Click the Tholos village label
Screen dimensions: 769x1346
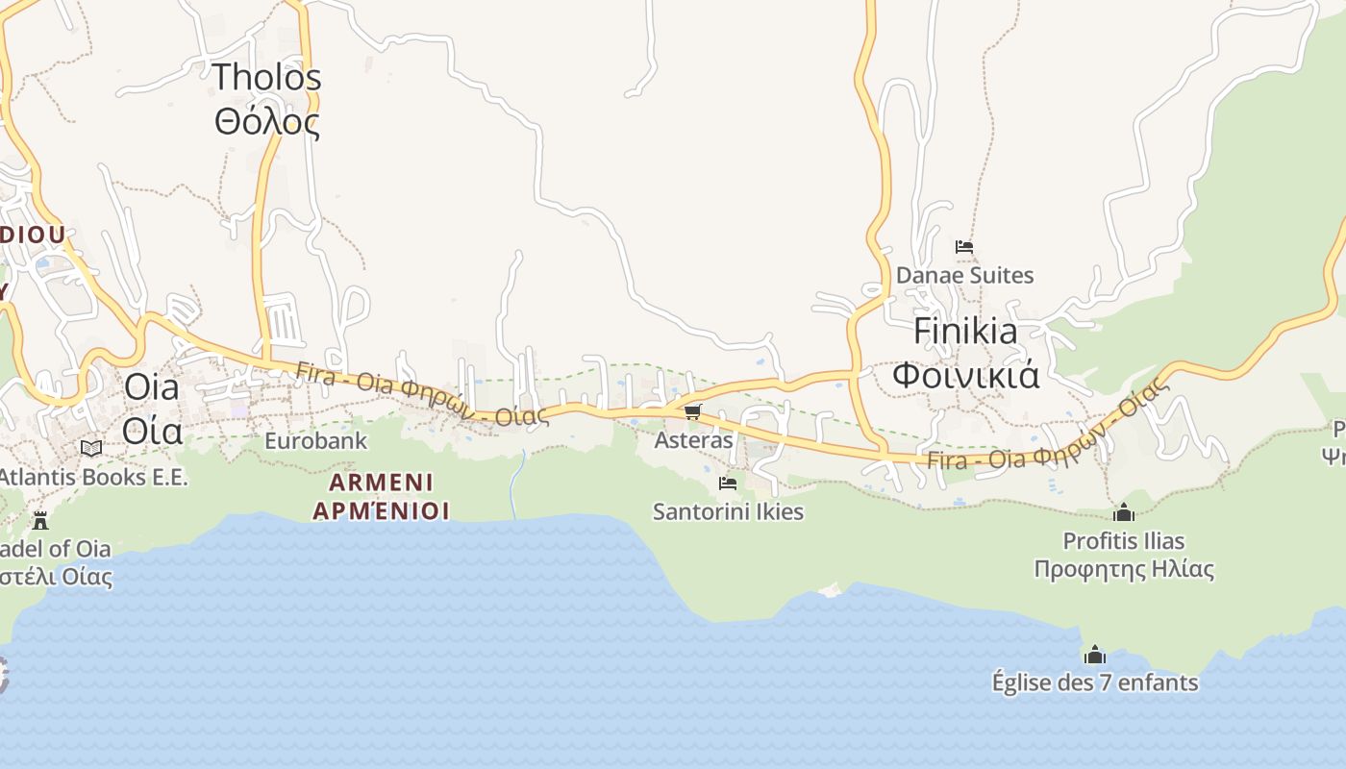tap(266, 77)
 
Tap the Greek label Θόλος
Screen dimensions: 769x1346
tap(266, 122)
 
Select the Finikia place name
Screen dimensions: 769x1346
tap(965, 331)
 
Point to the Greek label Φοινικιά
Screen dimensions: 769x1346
tap(965, 374)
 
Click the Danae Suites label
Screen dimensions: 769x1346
tap(964, 276)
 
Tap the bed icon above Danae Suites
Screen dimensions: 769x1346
tap(964, 247)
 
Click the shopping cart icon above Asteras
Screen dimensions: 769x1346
tap(693, 412)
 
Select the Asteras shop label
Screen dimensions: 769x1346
tap(693, 440)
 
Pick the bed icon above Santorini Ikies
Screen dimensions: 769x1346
tap(728, 483)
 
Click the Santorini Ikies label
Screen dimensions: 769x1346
tap(728, 511)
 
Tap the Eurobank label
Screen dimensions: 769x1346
tap(315, 441)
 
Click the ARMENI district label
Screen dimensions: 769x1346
tap(381, 482)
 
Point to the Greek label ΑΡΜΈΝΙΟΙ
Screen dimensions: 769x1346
tap(381, 509)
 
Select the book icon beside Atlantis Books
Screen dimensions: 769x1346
tap(91, 448)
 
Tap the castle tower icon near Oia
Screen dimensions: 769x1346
tap(40, 521)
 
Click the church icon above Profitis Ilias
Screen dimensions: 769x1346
tap(1123, 512)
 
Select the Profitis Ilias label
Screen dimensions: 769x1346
tap(1123, 541)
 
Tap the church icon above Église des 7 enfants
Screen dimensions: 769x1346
tap(1094, 656)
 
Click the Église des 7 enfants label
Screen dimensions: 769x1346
tap(1094, 683)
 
